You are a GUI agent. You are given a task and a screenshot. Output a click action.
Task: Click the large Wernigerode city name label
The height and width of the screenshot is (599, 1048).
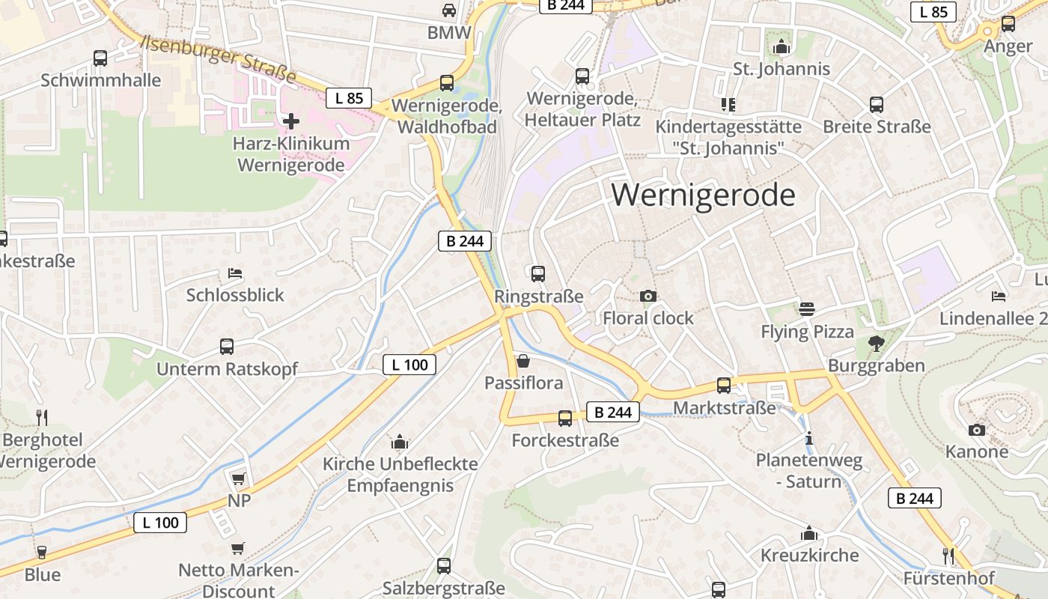(703, 195)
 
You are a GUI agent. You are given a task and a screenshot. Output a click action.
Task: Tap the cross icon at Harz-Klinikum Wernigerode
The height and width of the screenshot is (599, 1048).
(291, 121)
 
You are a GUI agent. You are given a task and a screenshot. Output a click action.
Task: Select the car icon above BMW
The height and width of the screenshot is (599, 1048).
(448, 10)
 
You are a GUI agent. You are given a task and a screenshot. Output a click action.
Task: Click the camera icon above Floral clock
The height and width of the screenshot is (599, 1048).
(648, 296)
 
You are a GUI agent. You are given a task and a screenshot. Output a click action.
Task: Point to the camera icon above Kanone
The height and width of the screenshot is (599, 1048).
(976, 430)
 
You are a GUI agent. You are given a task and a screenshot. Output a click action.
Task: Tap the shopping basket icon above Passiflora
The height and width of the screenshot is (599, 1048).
(523, 362)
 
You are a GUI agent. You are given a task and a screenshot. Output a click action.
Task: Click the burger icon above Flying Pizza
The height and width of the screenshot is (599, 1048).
(806, 309)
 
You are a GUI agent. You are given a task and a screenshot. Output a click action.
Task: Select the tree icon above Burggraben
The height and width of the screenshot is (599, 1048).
(876, 344)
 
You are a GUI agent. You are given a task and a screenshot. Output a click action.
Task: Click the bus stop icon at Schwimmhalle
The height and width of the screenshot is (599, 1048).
(100, 58)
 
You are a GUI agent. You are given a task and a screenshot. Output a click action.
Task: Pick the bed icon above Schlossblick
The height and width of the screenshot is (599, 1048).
(235, 273)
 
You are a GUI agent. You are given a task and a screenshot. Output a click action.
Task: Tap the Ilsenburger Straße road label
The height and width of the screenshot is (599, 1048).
(219, 58)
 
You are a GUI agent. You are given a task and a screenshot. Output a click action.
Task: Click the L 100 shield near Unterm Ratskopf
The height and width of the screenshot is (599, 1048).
(409, 365)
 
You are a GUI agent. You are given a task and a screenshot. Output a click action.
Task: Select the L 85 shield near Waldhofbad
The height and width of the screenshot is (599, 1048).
(349, 97)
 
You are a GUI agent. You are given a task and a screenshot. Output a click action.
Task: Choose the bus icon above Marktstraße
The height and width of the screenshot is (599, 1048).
(723, 386)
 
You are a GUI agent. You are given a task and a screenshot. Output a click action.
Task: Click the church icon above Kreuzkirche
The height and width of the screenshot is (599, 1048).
(808, 533)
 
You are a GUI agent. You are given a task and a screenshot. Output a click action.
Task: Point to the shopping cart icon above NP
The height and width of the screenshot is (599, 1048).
(238, 478)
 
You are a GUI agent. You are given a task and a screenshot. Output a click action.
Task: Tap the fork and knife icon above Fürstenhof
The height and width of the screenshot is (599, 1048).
(948, 556)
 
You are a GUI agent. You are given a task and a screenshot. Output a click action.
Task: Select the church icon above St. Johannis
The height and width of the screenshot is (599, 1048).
(782, 47)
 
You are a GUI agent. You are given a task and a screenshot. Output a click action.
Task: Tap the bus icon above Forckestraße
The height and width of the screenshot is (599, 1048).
(564, 419)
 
